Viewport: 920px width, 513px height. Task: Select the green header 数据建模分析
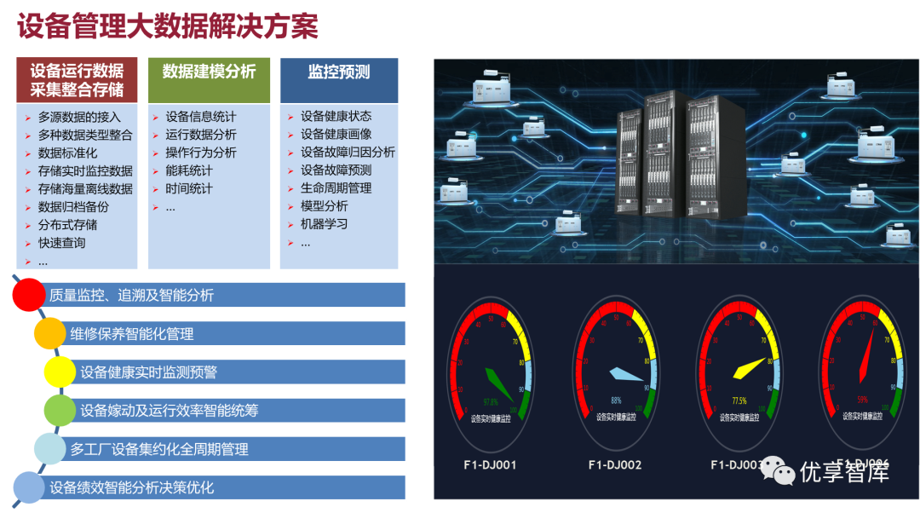point(209,72)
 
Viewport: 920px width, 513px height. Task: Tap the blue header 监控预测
point(339,72)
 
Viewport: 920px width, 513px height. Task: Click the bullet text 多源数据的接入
point(79,117)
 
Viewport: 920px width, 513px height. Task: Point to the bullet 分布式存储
point(67,225)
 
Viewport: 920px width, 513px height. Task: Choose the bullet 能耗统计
point(189,170)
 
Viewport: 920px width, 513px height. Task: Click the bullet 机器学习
point(324,224)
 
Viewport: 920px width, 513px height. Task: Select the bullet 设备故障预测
point(336,170)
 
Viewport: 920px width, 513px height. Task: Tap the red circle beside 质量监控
point(28,294)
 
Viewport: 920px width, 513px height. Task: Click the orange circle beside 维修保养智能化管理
point(49,332)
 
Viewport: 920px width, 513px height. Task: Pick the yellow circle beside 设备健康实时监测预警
point(60,372)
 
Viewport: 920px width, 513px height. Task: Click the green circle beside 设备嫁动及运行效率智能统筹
point(60,410)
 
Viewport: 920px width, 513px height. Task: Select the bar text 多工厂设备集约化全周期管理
point(159,449)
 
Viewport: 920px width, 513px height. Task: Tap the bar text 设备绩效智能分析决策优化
point(132,487)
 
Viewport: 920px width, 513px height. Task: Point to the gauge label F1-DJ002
point(615,465)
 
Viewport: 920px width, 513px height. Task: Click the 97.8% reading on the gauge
point(491,401)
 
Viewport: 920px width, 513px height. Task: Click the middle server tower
point(665,158)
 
